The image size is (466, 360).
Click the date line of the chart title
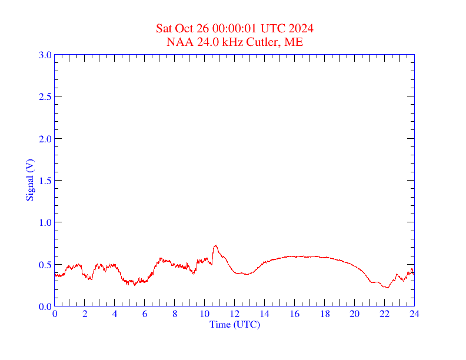(234, 28)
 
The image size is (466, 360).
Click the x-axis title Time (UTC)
(234, 324)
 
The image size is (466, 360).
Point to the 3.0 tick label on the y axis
(45, 55)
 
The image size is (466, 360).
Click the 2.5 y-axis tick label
(45, 96)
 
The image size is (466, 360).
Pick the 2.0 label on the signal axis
(45, 139)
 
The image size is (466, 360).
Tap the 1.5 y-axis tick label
(45, 181)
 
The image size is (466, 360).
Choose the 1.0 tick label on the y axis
(45, 222)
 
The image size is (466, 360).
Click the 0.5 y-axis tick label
(45, 265)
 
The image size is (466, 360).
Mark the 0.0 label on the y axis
(45, 306)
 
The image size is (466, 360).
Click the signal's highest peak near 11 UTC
(216, 245)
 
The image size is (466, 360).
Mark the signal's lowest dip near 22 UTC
(387, 287)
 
